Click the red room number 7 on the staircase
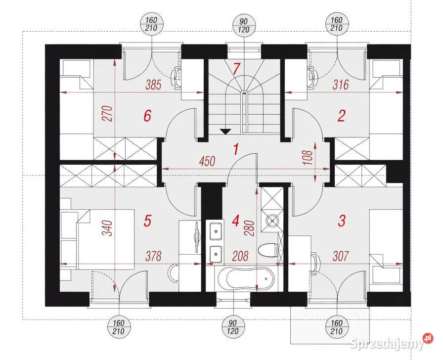pos(236,68)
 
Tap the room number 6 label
pos(147,116)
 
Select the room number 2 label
pos(342,116)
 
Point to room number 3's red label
pos(342,221)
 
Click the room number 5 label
pos(147,221)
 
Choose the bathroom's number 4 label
pos(236,221)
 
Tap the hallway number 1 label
pos(236,149)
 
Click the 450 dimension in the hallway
pos(207,161)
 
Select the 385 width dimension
pos(153,85)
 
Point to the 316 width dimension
pos(341,85)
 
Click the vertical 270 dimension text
pos(108,113)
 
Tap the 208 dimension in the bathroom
pos(240,256)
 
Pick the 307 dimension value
pos(341,256)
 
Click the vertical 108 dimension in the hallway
pos(309,158)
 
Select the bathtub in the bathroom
pos(246,278)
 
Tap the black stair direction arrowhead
pos(225,132)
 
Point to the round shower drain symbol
pos(272,221)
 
